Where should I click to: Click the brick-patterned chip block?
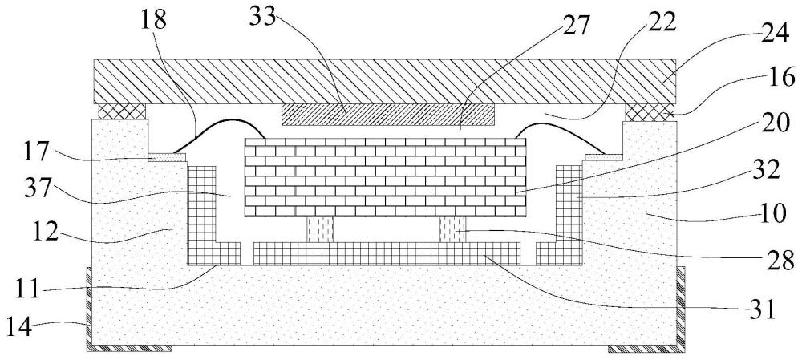pos(385,177)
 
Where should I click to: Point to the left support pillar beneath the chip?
pos(320,229)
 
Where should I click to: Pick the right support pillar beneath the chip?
pos(452,229)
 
